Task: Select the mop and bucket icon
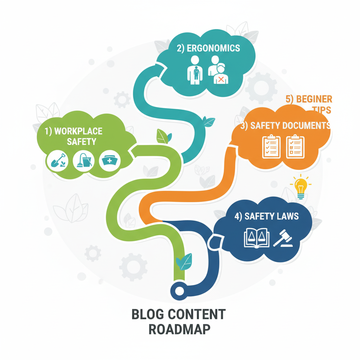[83, 161]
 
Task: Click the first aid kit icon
[110, 161]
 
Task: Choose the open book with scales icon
[256, 238]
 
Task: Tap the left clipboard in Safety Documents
[271, 147]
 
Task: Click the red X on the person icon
[221, 79]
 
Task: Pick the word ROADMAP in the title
[180, 329]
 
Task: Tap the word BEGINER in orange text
[314, 99]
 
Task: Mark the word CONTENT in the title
[196, 314]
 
